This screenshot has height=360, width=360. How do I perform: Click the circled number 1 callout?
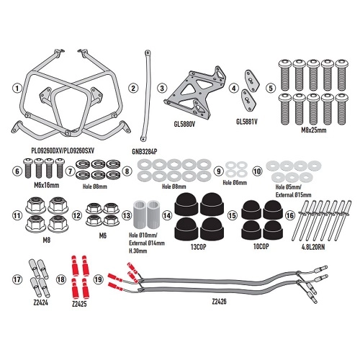(17, 88)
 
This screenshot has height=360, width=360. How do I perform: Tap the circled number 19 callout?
(98, 279)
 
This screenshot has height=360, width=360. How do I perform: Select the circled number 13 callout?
(127, 215)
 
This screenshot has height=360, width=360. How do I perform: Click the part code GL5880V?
(184, 125)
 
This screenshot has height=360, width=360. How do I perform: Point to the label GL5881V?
(247, 122)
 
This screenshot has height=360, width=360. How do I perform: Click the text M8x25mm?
(314, 130)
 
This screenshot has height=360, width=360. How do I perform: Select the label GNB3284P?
(145, 151)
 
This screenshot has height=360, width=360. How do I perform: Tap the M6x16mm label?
(47, 185)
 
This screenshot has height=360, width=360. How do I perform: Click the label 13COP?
(198, 247)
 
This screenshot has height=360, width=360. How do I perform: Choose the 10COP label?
(261, 246)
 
